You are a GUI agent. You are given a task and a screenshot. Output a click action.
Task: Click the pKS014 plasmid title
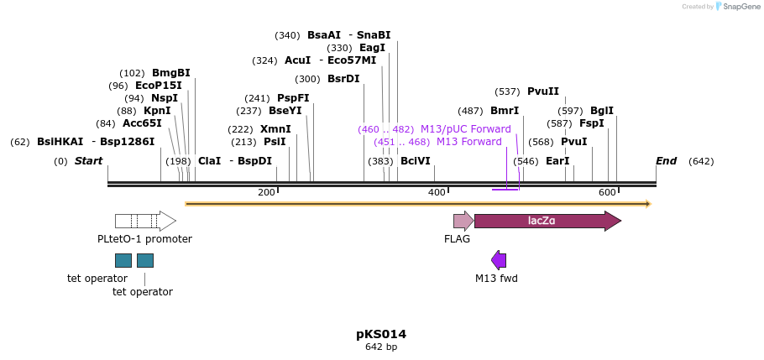(x=381, y=334)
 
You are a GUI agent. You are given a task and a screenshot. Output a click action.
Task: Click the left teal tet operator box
(x=123, y=260)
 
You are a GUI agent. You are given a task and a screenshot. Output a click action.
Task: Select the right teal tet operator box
(x=145, y=260)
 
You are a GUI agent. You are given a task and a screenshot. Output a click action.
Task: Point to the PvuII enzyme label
(x=543, y=91)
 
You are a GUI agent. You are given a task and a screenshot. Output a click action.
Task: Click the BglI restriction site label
(x=602, y=111)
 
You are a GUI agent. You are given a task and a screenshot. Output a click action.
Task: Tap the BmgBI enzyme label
(x=171, y=73)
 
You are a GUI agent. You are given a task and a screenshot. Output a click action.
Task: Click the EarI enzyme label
(x=557, y=161)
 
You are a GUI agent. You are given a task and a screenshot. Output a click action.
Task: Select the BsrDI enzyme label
(x=343, y=79)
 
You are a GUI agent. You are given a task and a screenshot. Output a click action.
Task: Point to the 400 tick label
(x=437, y=193)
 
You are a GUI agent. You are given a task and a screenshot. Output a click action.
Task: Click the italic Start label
(x=88, y=161)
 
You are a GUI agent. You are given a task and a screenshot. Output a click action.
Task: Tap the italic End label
(x=666, y=161)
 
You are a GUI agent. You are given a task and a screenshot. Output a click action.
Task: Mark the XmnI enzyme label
(x=275, y=129)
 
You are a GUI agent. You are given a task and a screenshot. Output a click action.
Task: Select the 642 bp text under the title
(x=381, y=347)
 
